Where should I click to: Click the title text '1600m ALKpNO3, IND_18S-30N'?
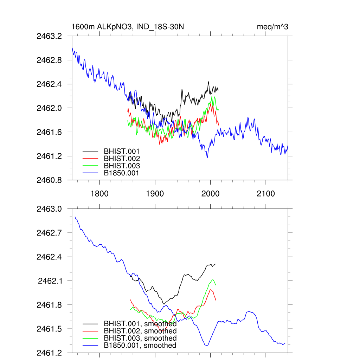(128, 27)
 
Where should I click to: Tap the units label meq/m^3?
(273, 27)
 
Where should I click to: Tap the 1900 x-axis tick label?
(155, 194)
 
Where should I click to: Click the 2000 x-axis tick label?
(210, 194)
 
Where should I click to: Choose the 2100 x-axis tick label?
(265, 194)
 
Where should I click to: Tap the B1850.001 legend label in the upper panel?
(122, 173)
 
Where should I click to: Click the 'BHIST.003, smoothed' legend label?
(140, 338)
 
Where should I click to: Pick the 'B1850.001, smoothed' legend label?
(140, 346)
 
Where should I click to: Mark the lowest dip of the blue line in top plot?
(207, 157)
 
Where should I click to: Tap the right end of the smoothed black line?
(216, 264)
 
